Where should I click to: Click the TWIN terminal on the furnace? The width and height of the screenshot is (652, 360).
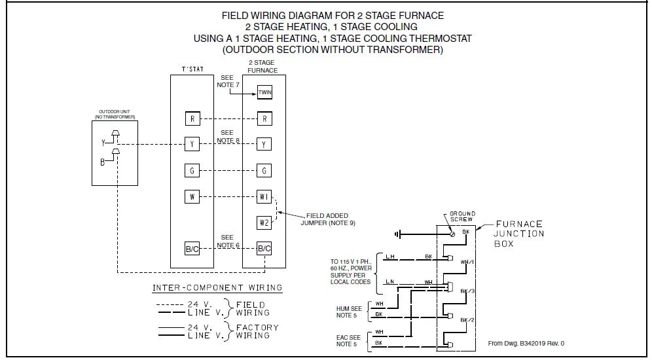click(264, 92)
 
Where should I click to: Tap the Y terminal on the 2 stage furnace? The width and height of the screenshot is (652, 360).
click(264, 144)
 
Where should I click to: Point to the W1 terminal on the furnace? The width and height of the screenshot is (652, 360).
click(264, 196)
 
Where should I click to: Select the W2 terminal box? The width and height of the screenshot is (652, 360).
click(264, 223)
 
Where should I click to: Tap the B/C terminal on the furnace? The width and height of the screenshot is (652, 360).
click(264, 249)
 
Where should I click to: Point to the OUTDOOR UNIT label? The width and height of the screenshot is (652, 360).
click(115, 114)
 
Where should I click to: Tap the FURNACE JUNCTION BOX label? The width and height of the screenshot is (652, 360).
click(519, 234)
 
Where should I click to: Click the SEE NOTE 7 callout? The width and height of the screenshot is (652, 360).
click(227, 81)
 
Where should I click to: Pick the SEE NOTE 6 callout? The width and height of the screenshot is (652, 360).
click(227, 241)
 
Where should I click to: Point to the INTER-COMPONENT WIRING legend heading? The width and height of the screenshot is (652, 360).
click(217, 287)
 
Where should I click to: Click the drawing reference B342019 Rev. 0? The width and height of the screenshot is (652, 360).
click(526, 343)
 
